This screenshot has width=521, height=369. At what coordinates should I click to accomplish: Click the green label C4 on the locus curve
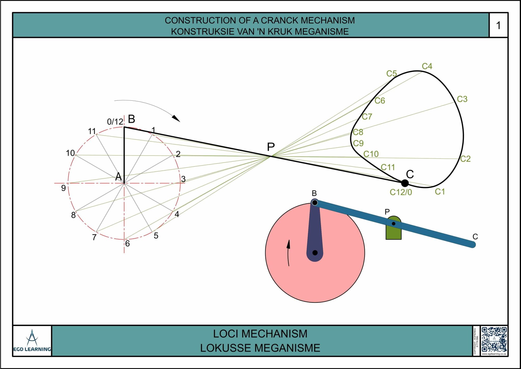(x=427, y=66)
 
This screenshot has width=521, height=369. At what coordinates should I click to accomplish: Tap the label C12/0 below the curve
(x=401, y=192)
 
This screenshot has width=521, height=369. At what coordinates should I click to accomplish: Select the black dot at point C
(x=405, y=183)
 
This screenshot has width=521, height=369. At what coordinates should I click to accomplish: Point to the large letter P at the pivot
(x=271, y=147)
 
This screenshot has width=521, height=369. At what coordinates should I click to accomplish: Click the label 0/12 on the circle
(x=115, y=122)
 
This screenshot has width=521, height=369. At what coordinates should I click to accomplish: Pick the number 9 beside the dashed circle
(x=63, y=188)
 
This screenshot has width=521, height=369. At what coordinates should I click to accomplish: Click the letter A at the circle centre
(x=118, y=177)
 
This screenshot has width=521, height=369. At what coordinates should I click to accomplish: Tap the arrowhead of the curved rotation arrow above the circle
(x=176, y=118)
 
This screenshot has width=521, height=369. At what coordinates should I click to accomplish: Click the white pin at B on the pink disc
(x=315, y=203)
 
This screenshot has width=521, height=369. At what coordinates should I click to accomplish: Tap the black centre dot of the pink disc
(x=315, y=253)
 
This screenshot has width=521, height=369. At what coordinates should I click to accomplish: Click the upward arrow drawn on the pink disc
(x=288, y=252)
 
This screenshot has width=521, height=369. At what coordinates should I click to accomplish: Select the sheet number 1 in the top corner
(x=498, y=25)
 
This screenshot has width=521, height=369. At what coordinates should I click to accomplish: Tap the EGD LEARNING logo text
(x=32, y=349)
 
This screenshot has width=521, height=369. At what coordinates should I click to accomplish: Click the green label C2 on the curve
(x=465, y=159)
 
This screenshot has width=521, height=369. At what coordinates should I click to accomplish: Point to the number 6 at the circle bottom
(x=127, y=244)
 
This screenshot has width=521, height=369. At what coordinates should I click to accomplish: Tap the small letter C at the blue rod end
(x=475, y=237)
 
